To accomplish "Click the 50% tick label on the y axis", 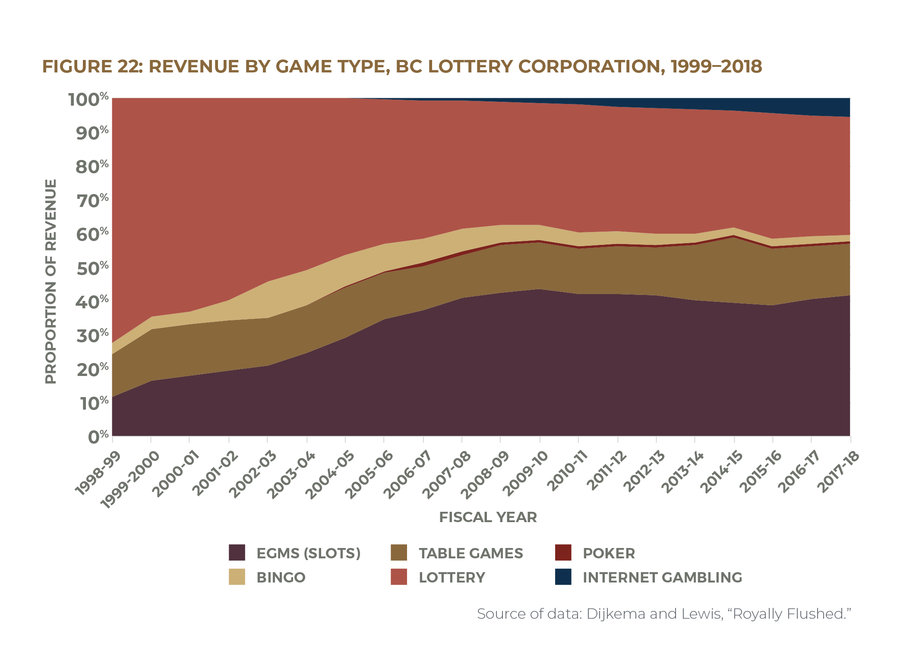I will pos(92,268).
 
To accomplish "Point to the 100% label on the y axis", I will pos(88,100).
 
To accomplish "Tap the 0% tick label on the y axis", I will pos(98,436).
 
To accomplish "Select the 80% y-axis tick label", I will pos(92,166).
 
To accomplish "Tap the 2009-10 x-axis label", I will pos(525,473).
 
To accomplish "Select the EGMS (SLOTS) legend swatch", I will pos(237,553).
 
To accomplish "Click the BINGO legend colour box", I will pos(237,577).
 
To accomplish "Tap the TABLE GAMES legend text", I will pos(471,553).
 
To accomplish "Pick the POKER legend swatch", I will pos(563,553).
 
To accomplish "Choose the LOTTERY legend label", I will pos(452,577).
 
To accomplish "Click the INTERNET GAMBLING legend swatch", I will pos(563,577).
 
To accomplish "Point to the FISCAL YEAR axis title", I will pos(488,517).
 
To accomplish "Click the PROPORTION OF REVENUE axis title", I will pos(51,281).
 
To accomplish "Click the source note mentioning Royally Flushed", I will pos(663,614).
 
